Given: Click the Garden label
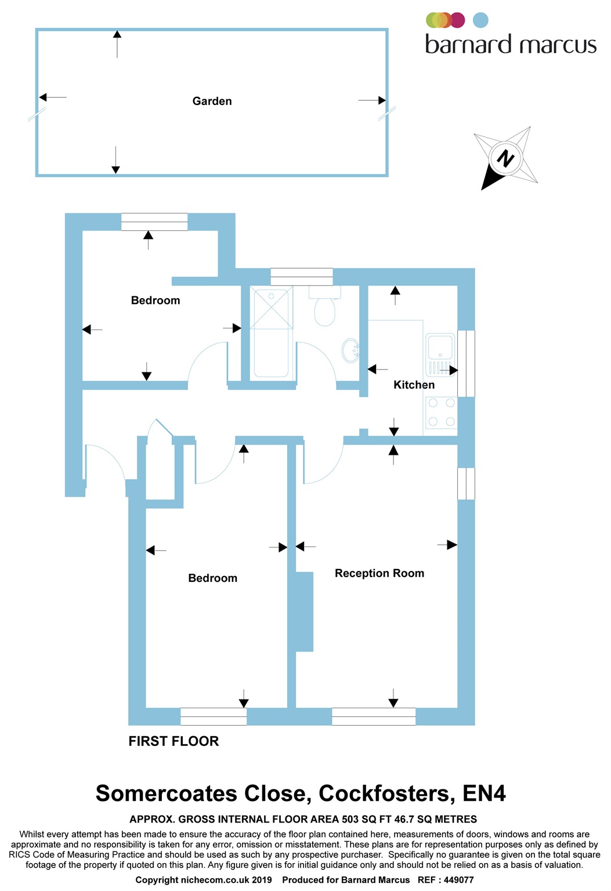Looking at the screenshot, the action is click(x=212, y=101).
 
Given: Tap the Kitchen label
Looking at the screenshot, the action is click(x=414, y=385).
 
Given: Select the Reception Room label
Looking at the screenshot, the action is click(x=379, y=573).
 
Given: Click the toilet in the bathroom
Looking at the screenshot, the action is click(x=324, y=306).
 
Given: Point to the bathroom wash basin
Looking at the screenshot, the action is click(x=350, y=350).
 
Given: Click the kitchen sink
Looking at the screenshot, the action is click(x=440, y=355).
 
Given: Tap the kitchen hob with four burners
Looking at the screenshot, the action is click(x=441, y=412).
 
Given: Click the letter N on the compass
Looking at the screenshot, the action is click(x=505, y=159).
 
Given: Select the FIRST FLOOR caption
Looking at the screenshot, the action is click(x=174, y=741).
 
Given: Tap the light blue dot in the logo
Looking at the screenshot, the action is click(x=480, y=20).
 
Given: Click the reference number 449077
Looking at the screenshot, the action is click(x=458, y=880).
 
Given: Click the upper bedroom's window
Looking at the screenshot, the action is click(x=154, y=222).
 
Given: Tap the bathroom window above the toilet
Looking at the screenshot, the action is click(x=302, y=277).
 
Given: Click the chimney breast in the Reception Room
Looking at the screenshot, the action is click(x=304, y=612).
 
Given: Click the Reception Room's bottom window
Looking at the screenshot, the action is click(x=374, y=716).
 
